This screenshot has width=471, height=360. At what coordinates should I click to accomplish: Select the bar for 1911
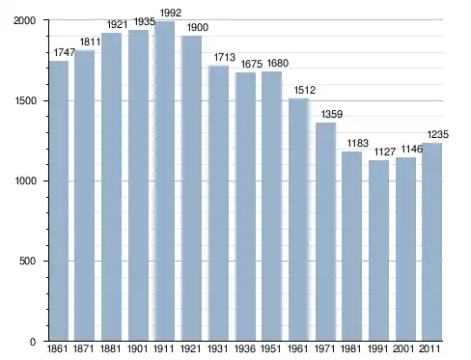165,181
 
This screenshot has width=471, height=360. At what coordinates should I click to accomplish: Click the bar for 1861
59,201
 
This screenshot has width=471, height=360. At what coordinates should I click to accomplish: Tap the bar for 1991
378,250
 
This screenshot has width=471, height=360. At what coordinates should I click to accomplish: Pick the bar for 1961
298,220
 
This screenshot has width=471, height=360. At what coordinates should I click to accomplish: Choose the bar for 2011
431,242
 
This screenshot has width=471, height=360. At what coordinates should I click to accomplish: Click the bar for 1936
245,207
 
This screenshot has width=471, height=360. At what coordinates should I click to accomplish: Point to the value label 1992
171,14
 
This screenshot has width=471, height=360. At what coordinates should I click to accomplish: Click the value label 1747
65,52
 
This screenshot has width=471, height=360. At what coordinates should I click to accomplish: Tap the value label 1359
332,114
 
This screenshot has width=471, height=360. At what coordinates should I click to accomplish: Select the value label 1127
385,152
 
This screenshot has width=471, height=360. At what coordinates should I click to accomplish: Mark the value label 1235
438,134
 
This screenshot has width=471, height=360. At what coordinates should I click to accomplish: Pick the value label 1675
252,64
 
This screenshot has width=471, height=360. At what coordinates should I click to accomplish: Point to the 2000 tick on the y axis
24,20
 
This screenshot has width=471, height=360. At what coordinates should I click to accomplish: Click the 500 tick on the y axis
27,261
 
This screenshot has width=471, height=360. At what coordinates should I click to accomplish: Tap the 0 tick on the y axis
33,342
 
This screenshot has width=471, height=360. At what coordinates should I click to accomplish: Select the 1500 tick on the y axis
25,101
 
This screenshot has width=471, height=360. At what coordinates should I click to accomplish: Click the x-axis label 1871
84,348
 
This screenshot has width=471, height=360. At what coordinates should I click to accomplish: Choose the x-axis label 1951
271,348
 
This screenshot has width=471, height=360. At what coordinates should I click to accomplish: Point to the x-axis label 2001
403,348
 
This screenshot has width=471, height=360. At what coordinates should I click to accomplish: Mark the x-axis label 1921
191,348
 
